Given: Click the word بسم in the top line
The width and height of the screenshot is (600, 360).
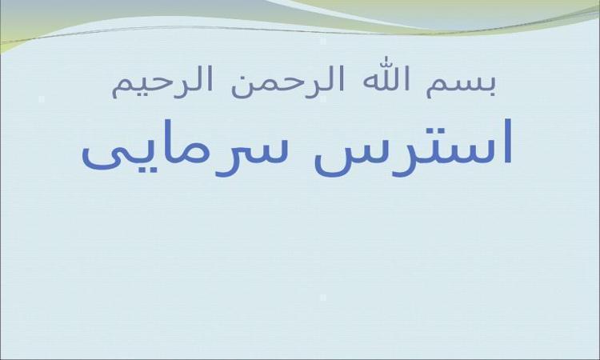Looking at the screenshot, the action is [x=461, y=86].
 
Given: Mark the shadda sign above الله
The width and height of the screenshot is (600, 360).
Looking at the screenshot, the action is [x=383, y=61].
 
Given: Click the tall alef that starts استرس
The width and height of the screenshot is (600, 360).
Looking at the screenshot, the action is [x=506, y=141].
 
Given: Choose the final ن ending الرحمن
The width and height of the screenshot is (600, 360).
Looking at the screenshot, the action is [x=242, y=86].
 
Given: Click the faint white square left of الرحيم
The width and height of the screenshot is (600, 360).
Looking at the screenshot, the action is [x=42, y=98].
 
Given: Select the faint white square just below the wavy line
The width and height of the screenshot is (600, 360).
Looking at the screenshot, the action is [x=323, y=42].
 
